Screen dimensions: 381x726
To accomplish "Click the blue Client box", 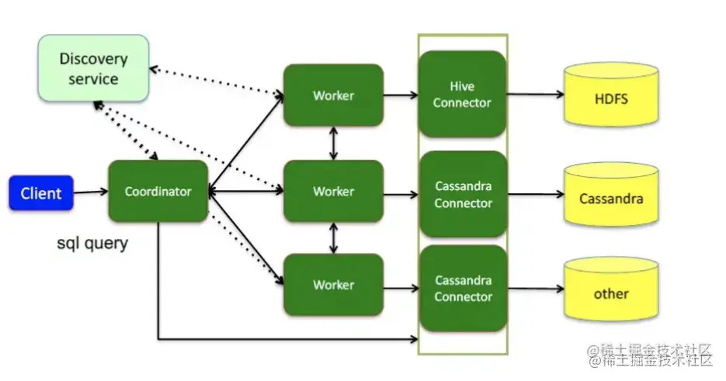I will pyautogui.click(x=41, y=193).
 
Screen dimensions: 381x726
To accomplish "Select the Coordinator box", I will pyautogui.click(x=158, y=192).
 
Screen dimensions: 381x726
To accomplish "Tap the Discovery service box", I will pyautogui.click(x=93, y=68).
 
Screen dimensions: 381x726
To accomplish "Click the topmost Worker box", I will pyautogui.click(x=333, y=95).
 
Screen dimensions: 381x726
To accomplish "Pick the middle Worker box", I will pyautogui.click(x=333, y=192).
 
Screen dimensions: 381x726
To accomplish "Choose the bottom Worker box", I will pyautogui.click(x=333, y=285).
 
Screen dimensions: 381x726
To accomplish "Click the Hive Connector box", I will pyautogui.click(x=462, y=94).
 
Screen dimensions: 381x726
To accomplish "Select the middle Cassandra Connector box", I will pyautogui.click(x=463, y=195).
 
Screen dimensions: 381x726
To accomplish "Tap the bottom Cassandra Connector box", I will pyautogui.click(x=463, y=288).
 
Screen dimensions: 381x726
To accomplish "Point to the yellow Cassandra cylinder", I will pyautogui.click(x=611, y=198).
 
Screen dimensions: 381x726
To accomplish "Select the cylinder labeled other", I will pyautogui.click(x=611, y=293).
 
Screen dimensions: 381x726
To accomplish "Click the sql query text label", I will pyautogui.click(x=92, y=243).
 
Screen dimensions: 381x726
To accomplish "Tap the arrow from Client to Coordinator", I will pyautogui.click(x=90, y=192).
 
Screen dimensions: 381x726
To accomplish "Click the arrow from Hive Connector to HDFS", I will pyautogui.click(x=535, y=95).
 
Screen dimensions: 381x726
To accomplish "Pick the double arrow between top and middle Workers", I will pyautogui.click(x=334, y=144).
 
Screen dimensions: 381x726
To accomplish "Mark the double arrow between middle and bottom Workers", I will pyautogui.click(x=334, y=238).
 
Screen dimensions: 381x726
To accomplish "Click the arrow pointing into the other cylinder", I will pyautogui.click(x=535, y=289).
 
